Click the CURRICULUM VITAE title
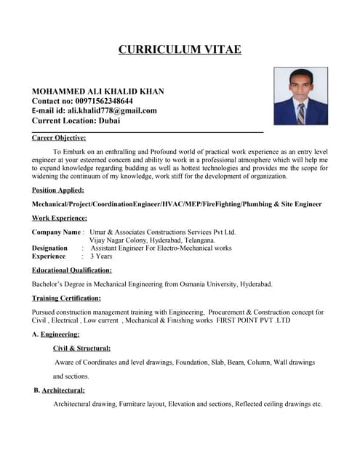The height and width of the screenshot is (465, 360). click(x=180, y=49)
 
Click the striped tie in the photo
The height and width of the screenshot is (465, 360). click(x=300, y=112)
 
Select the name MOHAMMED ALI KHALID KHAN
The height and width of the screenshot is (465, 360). click(x=98, y=91)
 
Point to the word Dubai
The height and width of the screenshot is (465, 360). click(x=110, y=121)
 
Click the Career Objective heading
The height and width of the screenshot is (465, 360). click(x=59, y=137)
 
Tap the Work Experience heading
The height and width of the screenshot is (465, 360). click(x=60, y=217)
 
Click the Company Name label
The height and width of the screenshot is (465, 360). click(x=56, y=232)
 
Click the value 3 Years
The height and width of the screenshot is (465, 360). click(x=100, y=256)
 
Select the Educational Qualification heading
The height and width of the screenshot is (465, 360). click(x=71, y=270)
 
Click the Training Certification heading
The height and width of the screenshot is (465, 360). click(x=66, y=298)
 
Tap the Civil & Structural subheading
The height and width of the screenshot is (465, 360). click(x=77, y=348)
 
